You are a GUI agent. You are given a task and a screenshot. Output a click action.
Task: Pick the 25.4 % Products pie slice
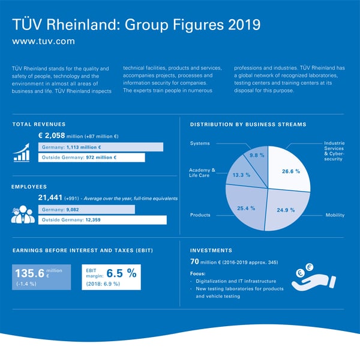tap(246, 207)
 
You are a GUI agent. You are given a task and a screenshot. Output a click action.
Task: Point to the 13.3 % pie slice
tap(241, 174)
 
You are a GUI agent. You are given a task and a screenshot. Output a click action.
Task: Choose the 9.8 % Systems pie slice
tap(257, 156)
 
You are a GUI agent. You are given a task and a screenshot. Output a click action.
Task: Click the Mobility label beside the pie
tap(334, 214)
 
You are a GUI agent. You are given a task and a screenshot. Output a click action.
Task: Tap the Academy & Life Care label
tap(202, 173)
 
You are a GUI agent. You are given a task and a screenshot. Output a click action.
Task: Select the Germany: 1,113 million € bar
tap(100, 147)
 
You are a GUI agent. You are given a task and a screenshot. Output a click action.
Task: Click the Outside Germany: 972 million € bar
tap(91, 157)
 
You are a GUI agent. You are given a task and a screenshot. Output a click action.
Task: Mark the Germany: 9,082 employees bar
tap(86, 210)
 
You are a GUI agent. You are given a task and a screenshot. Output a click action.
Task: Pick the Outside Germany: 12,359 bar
tap(102, 220)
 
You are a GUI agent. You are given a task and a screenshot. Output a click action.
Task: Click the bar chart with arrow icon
tap(22, 153)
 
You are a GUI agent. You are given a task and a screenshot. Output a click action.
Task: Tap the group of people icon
tap(23, 215)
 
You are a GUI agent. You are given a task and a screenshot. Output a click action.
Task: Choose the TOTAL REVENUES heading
tap(39, 124)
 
